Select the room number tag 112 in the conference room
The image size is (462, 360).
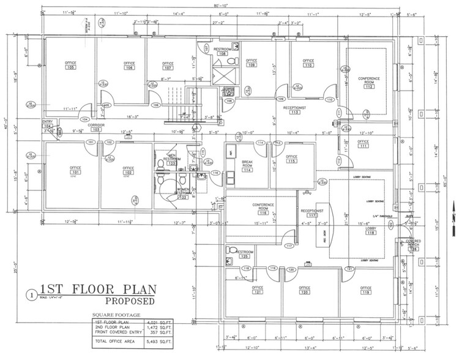pyautogui.click(x=368, y=87)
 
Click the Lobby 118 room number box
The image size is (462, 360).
pyautogui.click(x=370, y=233)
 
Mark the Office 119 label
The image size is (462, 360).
pyautogui.click(x=366, y=290)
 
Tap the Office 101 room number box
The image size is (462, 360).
pyautogui.click(x=76, y=173)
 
